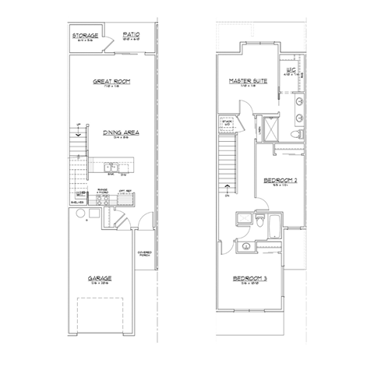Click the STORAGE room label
[x=83, y=36]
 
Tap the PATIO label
[x=131, y=34]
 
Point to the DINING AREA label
[x=121, y=132]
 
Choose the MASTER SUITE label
[x=249, y=81]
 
